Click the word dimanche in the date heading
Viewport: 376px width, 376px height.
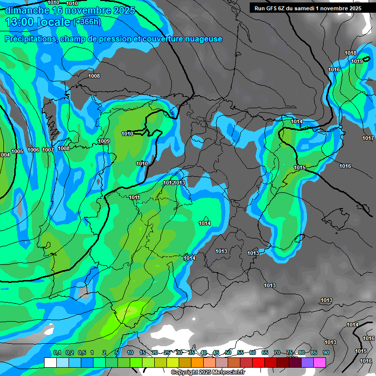(26, 10)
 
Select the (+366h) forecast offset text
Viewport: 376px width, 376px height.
(87, 22)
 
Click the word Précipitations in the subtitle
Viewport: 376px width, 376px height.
(29, 39)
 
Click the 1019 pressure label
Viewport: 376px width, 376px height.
(357, 61)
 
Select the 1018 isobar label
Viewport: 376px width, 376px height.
(351, 53)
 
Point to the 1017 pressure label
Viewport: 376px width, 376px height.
(368, 139)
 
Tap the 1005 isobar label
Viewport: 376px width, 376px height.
(17, 152)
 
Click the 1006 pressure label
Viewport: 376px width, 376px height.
(33, 150)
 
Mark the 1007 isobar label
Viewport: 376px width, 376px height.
(48, 150)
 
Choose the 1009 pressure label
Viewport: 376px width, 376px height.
(104, 141)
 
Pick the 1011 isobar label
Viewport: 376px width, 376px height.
(135, 198)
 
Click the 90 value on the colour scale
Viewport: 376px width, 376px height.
(326, 353)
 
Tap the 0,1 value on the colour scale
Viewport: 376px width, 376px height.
(57, 353)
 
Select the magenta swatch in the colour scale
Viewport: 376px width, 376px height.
(320, 362)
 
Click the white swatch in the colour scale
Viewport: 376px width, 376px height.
(50, 362)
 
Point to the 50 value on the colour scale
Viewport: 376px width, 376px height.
(228, 353)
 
